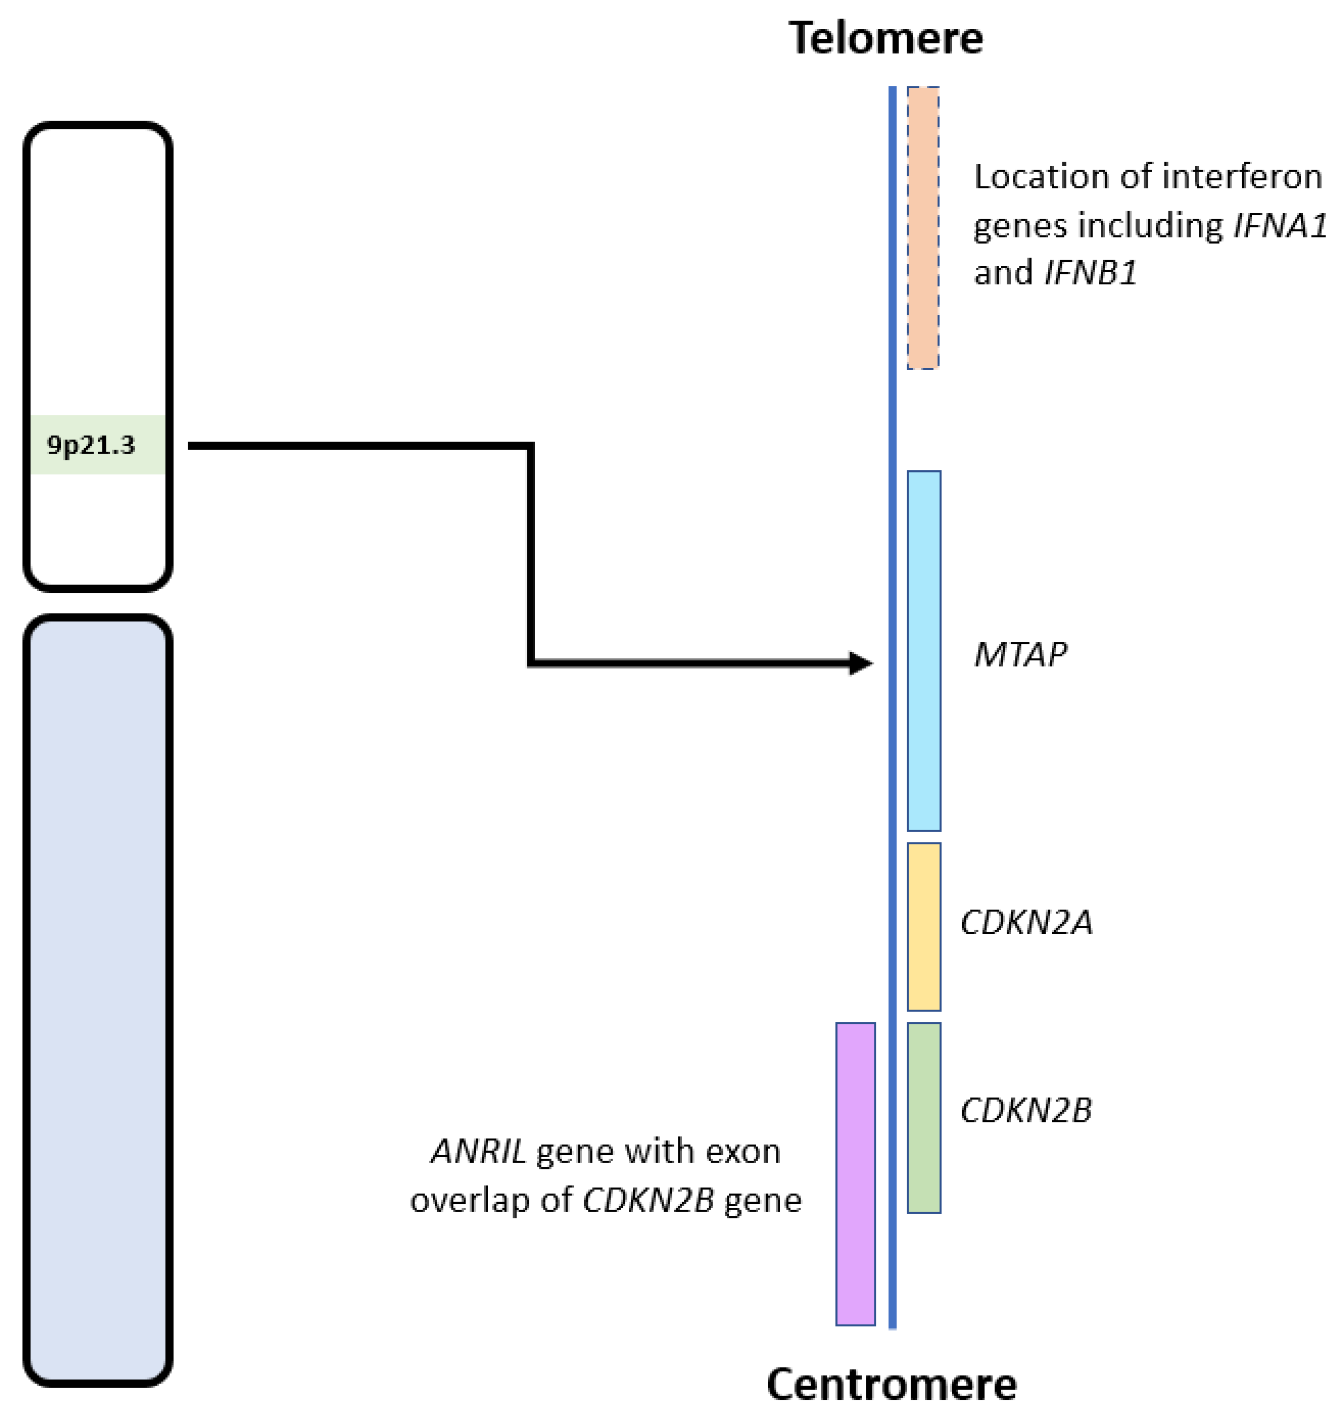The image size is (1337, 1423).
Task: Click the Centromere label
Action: tap(891, 1384)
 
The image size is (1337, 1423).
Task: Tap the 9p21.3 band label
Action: tap(91, 445)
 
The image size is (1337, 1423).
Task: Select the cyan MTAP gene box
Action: tap(923, 651)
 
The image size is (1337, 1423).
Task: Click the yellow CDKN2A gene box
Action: tap(923, 926)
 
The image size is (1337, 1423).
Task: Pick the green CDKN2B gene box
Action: tap(923, 1118)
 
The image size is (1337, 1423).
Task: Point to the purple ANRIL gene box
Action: tap(856, 1174)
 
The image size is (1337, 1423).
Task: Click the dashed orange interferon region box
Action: tap(923, 228)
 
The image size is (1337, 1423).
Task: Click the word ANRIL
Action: tap(478, 1152)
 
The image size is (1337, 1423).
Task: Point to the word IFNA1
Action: tap(1280, 226)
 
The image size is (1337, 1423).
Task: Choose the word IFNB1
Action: tap(1090, 273)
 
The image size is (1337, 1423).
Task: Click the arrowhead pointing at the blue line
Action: tap(861, 663)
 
